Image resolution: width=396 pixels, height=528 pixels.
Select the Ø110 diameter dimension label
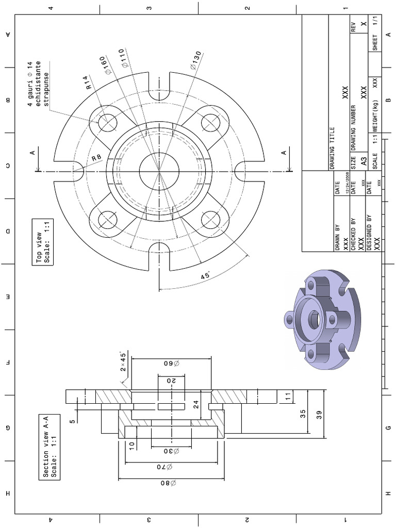click(x=124, y=60)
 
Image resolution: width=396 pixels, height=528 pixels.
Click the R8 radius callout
click(x=96, y=158)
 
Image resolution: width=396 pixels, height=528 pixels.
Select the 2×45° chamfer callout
click(x=124, y=362)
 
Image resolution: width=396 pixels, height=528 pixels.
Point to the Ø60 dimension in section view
click(x=171, y=364)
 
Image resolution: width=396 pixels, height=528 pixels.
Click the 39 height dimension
click(x=318, y=416)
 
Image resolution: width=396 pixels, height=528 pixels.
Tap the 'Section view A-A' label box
click(x=49, y=447)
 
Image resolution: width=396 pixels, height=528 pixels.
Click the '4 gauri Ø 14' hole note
click(x=39, y=84)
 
